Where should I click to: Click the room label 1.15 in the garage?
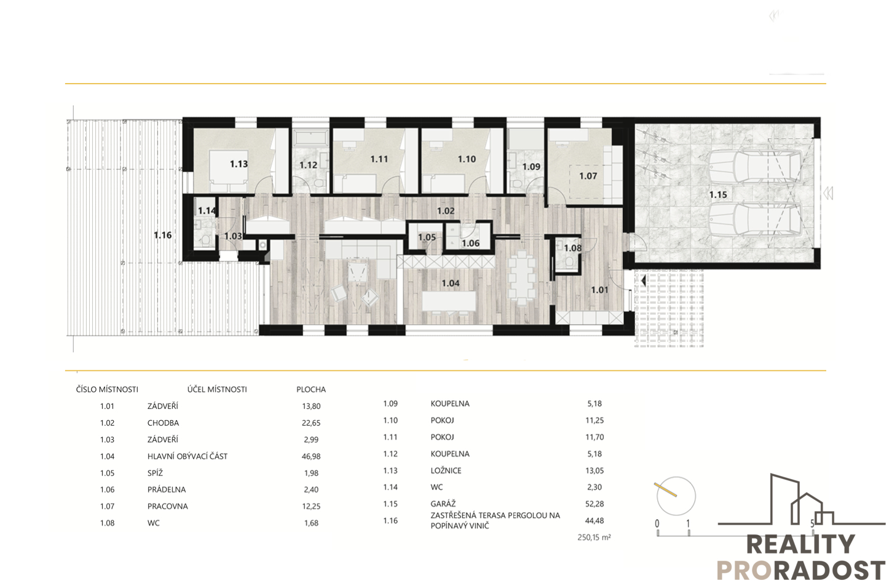718,195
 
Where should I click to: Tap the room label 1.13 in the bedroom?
239,164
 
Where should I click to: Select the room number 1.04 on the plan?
451,284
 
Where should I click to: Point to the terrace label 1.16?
163,236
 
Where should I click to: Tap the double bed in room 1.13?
228,171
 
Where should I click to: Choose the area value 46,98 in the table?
311,456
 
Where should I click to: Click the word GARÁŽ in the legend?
443,503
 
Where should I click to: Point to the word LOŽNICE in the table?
446,470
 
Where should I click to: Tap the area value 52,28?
595,504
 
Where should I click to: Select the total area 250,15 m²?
594,537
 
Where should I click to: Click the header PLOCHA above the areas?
311,390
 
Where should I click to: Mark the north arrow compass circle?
676,496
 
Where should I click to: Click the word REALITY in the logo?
801,544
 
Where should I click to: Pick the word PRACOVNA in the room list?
167,506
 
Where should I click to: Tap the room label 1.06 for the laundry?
471,244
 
